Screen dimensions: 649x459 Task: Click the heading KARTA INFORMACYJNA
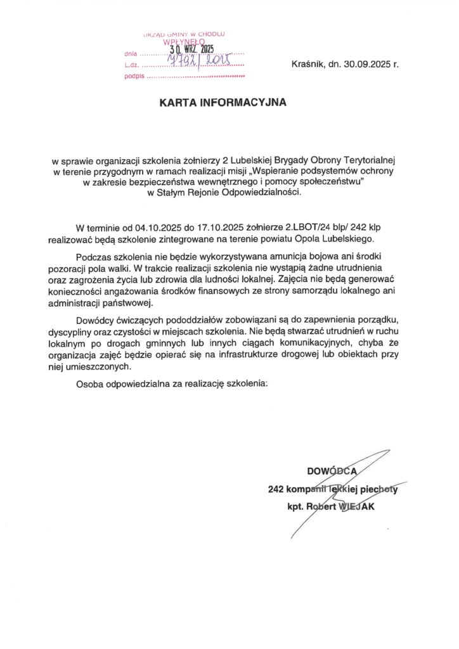pyautogui.click(x=223, y=101)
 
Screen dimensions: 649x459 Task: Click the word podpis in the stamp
pyautogui.click(x=135, y=76)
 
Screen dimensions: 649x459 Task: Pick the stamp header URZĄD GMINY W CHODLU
pyautogui.click(x=184, y=34)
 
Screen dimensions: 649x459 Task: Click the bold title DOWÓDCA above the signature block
pyautogui.click(x=332, y=471)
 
